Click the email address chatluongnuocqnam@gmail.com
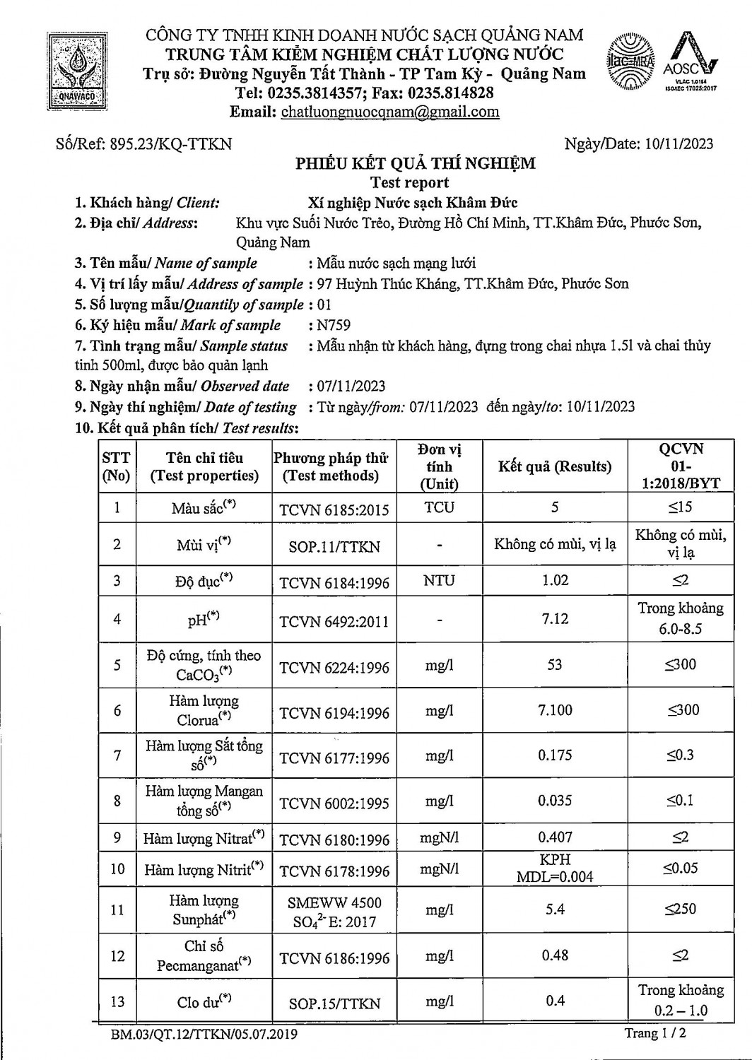(390, 112)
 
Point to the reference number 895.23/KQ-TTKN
(170, 144)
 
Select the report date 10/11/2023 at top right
(678, 144)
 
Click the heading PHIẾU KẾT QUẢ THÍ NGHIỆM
(415, 164)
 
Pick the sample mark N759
(334, 326)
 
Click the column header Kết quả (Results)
(554, 466)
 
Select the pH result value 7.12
(555, 619)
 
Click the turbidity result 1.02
(555, 580)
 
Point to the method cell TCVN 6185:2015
(334, 510)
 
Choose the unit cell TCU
(439, 508)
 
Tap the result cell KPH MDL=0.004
(555, 868)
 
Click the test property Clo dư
(204, 1001)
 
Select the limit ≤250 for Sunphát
(680, 909)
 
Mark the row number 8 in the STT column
(117, 801)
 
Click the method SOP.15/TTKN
(334, 1003)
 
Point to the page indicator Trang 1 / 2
(654, 1033)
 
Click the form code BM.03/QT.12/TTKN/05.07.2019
(204, 1035)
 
